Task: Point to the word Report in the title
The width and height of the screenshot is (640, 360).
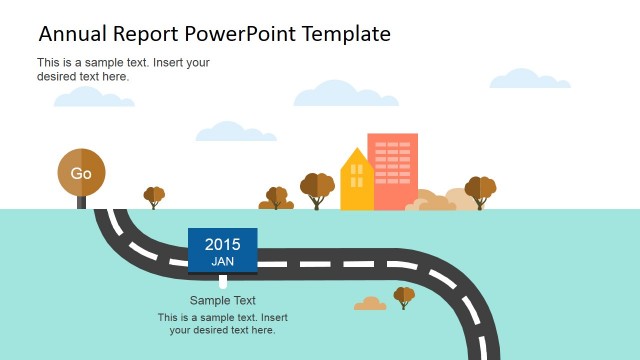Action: click(146, 35)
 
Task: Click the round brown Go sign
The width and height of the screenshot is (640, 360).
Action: click(81, 173)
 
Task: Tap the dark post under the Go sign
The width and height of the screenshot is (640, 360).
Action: click(81, 202)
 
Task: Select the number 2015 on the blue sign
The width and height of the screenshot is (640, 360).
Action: click(222, 244)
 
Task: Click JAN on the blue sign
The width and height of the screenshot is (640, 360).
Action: click(222, 261)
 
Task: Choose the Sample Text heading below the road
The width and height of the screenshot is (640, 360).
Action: click(222, 300)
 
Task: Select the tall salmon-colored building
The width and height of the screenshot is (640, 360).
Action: click(392, 170)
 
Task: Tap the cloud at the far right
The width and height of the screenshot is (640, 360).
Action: click(530, 78)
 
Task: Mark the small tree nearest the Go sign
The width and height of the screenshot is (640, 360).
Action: click(154, 196)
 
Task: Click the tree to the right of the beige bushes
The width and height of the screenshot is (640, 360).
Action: click(481, 190)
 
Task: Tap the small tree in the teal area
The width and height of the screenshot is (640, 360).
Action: click(404, 296)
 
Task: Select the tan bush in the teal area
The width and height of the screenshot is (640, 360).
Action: click(370, 304)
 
